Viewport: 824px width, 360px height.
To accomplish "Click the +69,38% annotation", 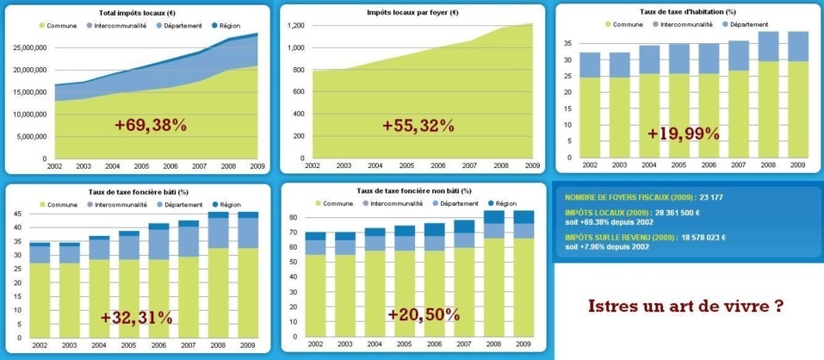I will tap(151, 126).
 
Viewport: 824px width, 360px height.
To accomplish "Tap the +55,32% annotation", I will tap(418, 126).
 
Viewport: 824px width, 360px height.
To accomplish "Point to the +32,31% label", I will tap(136, 318).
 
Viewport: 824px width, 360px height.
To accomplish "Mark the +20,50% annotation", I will tap(423, 314).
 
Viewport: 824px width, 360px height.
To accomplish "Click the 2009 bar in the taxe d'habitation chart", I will tap(797, 99).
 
